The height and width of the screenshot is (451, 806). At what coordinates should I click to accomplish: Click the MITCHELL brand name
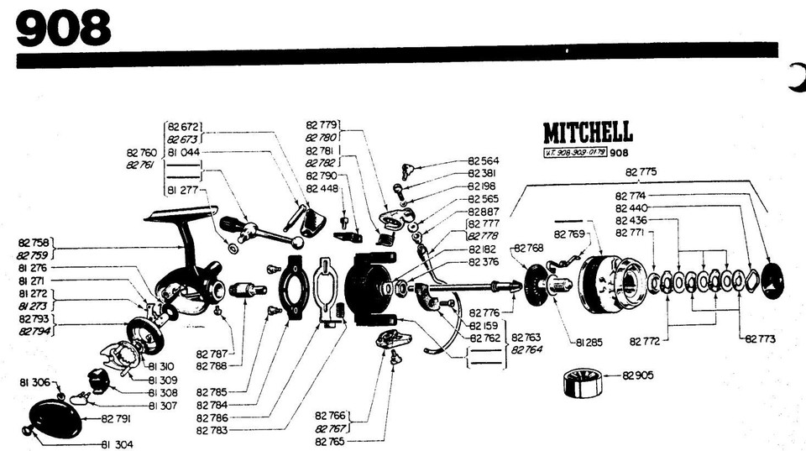(x=588, y=133)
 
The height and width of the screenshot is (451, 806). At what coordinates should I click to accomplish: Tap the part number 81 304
(x=118, y=443)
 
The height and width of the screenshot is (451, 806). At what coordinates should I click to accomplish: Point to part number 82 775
(x=642, y=171)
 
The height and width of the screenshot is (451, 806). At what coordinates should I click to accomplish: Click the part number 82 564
(x=483, y=160)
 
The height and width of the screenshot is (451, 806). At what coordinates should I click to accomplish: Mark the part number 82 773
(x=759, y=338)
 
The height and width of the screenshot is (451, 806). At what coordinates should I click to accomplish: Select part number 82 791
(x=118, y=417)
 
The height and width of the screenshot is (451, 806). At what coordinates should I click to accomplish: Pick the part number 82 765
(x=332, y=441)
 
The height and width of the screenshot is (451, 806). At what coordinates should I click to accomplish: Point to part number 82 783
(x=212, y=430)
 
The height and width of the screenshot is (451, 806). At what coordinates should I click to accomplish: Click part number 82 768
(x=529, y=248)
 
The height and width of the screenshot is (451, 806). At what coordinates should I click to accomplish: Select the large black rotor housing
(x=367, y=287)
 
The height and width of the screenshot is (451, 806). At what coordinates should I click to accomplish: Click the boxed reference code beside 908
(x=575, y=153)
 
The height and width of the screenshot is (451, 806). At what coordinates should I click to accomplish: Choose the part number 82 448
(x=322, y=188)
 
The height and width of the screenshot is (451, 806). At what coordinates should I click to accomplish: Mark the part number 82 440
(x=631, y=207)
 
